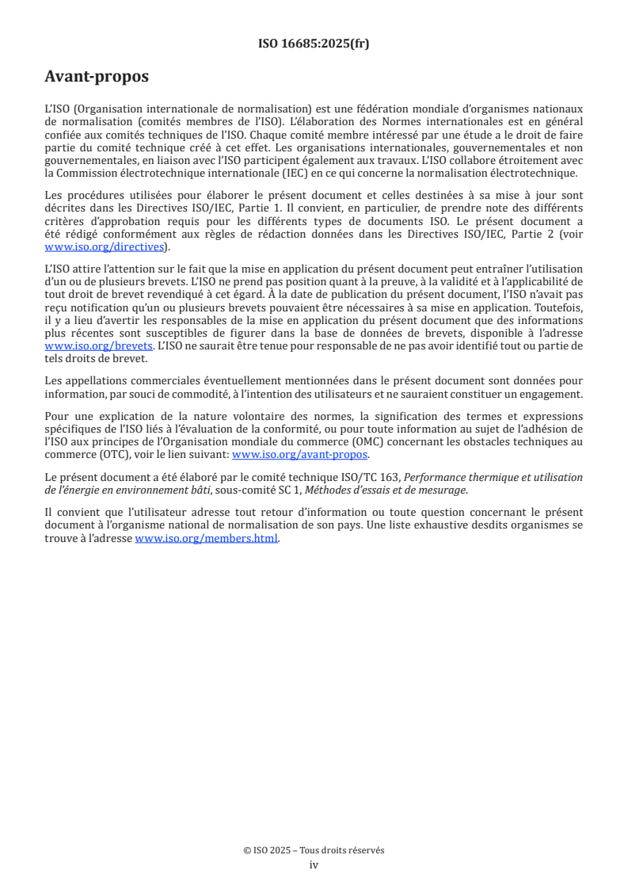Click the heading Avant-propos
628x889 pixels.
coord(97,77)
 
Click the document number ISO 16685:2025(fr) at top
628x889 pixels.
coord(314,44)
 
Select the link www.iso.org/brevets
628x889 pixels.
coord(98,346)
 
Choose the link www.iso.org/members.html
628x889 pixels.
coord(207,538)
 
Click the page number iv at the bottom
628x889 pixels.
coord(314,864)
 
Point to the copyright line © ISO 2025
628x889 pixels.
coord(314,850)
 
